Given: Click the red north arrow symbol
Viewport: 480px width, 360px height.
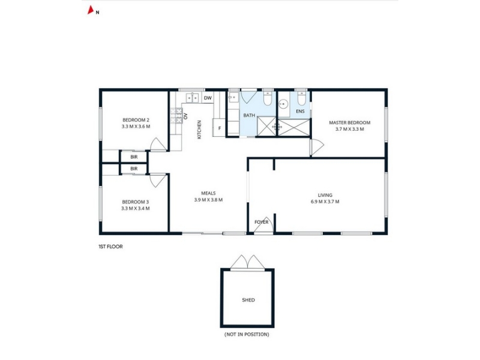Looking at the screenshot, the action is [x=91, y=10].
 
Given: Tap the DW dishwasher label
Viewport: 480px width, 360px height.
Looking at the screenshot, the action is [x=208, y=98].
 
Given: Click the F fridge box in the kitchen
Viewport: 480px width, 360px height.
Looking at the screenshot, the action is [x=220, y=128].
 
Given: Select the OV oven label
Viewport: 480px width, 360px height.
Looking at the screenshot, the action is [x=185, y=116].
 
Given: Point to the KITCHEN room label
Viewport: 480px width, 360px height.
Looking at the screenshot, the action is [x=199, y=130].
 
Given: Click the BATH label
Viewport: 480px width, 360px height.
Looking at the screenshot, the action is [x=249, y=115].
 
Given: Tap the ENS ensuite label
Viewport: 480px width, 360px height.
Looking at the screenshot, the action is [x=301, y=111].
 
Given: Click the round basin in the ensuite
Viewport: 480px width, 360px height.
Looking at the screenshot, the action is [x=283, y=104].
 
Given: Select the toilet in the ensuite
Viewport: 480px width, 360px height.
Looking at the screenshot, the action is [x=302, y=97].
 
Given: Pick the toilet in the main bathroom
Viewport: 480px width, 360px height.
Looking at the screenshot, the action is [x=268, y=98].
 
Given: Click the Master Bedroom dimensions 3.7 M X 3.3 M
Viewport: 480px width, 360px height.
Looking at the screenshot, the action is [x=350, y=129].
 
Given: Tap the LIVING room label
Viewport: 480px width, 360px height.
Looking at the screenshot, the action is [x=325, y=195].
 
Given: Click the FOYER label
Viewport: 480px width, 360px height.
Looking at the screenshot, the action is [x=262, y=222].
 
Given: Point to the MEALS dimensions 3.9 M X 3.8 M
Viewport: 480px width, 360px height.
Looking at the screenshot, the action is [x=208, y=200].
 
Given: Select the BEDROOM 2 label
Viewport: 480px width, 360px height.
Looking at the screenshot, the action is [x=136, y=120].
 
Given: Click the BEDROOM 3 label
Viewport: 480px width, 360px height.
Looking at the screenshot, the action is [x=136, y=202].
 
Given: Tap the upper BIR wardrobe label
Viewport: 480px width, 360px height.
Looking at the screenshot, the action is [x=134, y=157].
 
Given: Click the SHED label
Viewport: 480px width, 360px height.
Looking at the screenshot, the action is [x=248, y=300].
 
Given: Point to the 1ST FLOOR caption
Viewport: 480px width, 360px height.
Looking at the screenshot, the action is [x=110, y=247].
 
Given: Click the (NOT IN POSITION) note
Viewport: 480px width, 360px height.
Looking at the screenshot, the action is [x=247, y=334].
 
